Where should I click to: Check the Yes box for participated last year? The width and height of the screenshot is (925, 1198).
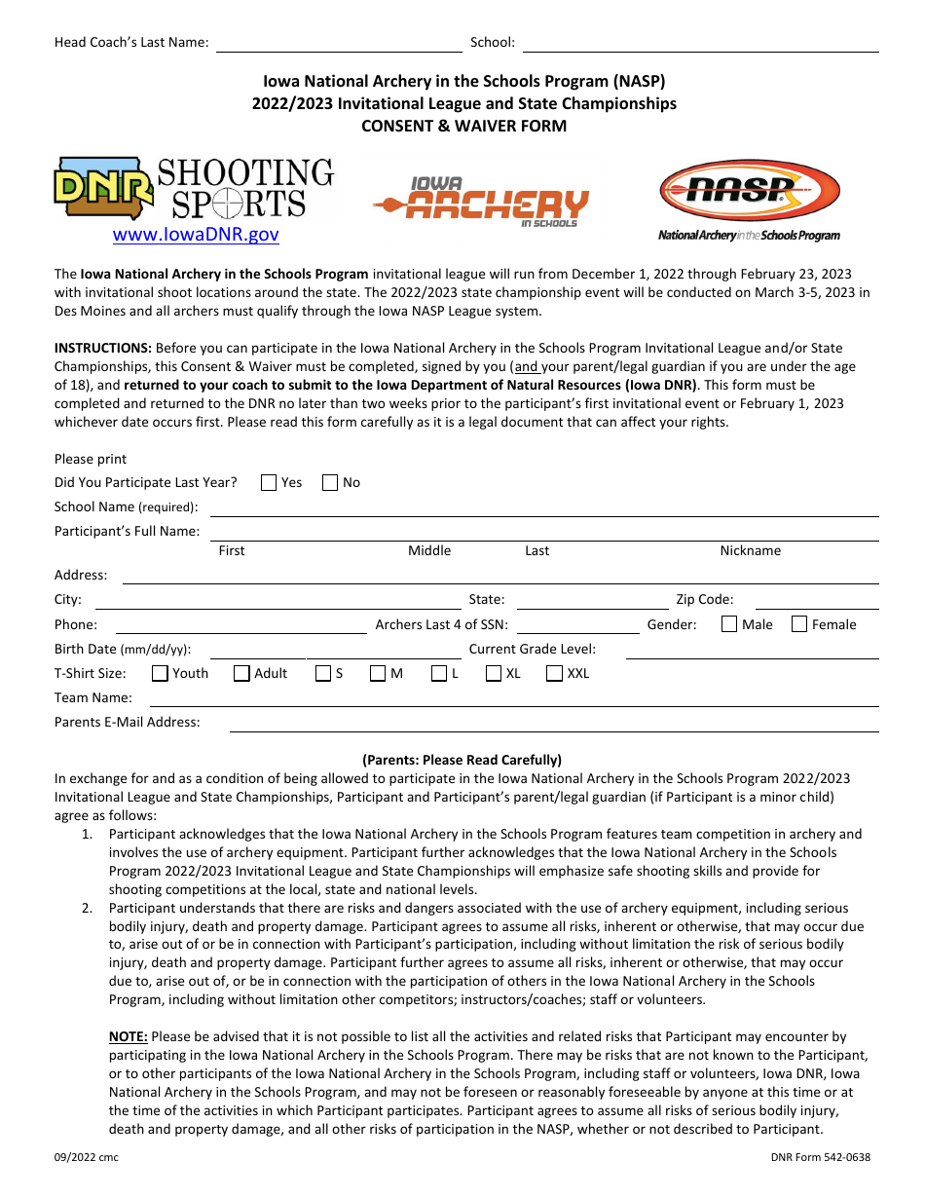[x=269, y=482]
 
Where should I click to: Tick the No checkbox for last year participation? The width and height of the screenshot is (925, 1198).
[x=330, y=482]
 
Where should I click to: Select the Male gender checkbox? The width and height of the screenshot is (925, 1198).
[x=729, y=624]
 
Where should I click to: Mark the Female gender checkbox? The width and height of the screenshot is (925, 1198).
[x=799, y=624]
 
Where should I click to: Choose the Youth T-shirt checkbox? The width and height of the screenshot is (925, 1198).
[x=161, y=673]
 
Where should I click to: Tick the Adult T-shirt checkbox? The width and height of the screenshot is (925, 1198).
[x=241, y=673]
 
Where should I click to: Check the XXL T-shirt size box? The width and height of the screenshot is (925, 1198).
[x=555, y=673]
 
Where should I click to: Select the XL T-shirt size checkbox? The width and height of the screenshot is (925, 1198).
[x=494, y=673]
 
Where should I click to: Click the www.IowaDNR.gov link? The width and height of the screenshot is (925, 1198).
[x=196, y=235]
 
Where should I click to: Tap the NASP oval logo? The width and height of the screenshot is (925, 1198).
[x=749, y=191]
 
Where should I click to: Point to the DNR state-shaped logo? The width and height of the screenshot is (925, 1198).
[x=103, y=189]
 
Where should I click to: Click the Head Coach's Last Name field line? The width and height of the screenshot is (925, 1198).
[x=338, y=45]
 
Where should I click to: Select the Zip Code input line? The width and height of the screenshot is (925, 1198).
[x=816, y=602]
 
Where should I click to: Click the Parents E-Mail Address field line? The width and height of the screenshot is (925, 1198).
[x=553, y=725]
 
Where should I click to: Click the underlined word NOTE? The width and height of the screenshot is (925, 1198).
[x=129, y=1037]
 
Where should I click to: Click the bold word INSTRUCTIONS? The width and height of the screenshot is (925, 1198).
[x=103, y=348]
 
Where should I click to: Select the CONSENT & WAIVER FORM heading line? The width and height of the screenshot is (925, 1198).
[x=463, y=126]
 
